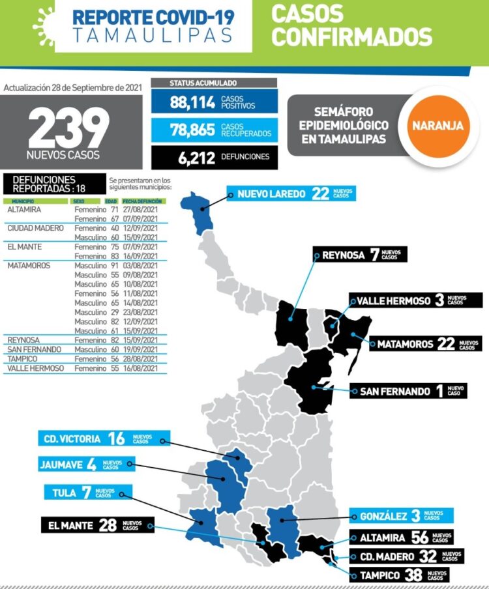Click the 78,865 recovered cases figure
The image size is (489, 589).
tap(192, 130)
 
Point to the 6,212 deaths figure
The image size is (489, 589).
tap(192, 156)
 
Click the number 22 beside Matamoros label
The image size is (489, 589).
tap(446, 343)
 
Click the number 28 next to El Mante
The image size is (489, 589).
tap(108, 525)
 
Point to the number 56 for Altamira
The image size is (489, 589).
tap(420, 538)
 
